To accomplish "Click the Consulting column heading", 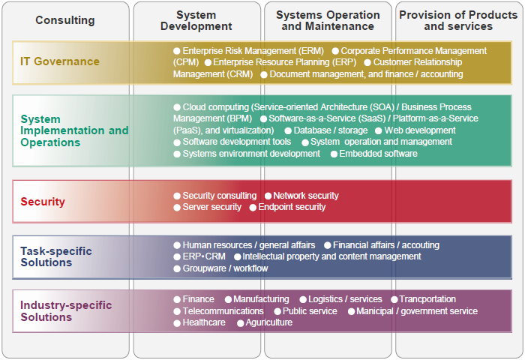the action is click(x=65, y=20).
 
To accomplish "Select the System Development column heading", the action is click(x=196, y=20).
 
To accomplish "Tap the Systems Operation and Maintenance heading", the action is click(x=328, y=20).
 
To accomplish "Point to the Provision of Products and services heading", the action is click(x=458, y=20).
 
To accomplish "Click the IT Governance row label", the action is click(x=60, y=61).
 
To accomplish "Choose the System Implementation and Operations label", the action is click(x=74, y=130).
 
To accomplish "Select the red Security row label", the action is click(x=43, y=202).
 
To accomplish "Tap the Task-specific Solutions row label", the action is click(x=56, y=256).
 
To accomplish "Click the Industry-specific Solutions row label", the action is click(x=66, y=311).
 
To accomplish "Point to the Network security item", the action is click(x=306, y=196).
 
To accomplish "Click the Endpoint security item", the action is click(x=292, y=207).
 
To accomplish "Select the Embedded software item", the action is click(x=378, y=154).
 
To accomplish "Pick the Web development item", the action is click(x=420, y=130).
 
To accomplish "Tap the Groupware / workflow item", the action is click(x=225, y=268).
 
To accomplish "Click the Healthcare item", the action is click(x=204, y=322).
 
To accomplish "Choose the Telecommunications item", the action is click(x=223, y=311).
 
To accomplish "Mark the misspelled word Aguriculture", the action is click(x=268, y=322).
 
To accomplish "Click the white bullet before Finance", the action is click(x=177, y=299).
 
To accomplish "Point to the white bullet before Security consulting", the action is click(x=177, y=196).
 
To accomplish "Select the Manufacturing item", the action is click(x=261, y=299).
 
